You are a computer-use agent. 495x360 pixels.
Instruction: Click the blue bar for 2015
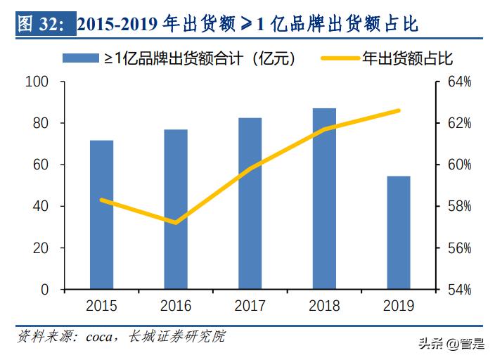click(102, 214)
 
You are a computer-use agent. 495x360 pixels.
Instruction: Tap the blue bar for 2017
click(250, 203)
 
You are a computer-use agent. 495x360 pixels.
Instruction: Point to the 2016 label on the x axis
click(176, 306)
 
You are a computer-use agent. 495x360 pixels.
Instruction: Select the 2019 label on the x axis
click(398, 306)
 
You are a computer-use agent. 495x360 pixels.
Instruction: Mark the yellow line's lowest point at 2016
click(175, 223)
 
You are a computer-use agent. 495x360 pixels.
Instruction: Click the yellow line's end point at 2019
click(398, 110)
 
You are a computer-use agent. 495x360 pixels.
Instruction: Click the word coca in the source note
click(100, 336)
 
